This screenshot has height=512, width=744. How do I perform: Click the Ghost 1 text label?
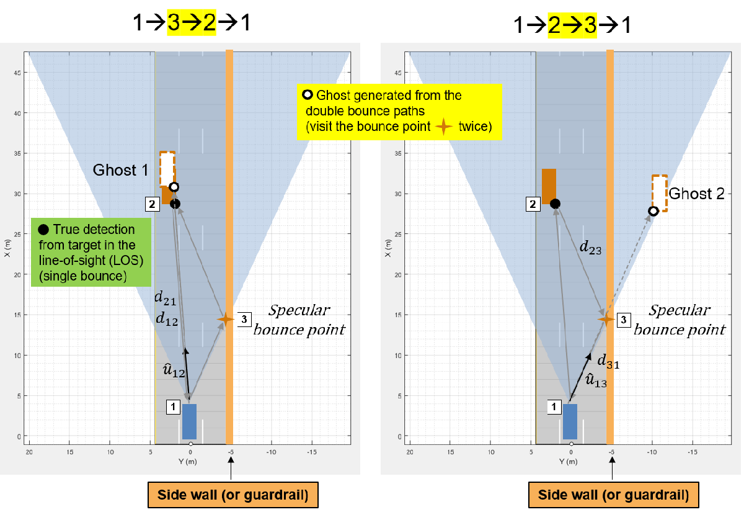point(120,170)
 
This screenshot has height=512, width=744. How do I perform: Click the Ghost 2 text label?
point(696,194)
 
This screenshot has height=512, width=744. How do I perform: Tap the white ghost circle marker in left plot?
point(174,187)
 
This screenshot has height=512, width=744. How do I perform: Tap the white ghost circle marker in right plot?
point(653,211)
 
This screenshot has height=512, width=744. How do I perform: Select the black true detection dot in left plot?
point(175,204)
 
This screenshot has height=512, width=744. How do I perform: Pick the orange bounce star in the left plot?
point(226,319)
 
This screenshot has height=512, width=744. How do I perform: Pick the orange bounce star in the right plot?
point(606,319)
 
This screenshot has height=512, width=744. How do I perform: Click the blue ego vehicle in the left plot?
point(189,421)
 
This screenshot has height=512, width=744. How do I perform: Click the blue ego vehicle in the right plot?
point(570,421)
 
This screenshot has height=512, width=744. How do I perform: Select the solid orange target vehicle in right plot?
point(549,186)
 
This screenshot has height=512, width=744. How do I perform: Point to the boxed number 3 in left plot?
point(244,320)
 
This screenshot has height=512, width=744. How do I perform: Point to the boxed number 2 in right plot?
point(533,204)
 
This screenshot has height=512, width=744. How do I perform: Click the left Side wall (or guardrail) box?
point(233,495)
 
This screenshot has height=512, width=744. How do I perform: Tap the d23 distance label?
point(590,248)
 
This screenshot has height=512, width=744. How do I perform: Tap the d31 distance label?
point(608,361)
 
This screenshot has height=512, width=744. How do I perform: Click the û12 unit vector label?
point(174,370)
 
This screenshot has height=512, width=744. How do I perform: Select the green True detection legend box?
point(91,252)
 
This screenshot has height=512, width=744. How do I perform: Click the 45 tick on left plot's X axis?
point(17,73)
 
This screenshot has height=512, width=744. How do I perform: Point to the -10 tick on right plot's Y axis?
point(652,452)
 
